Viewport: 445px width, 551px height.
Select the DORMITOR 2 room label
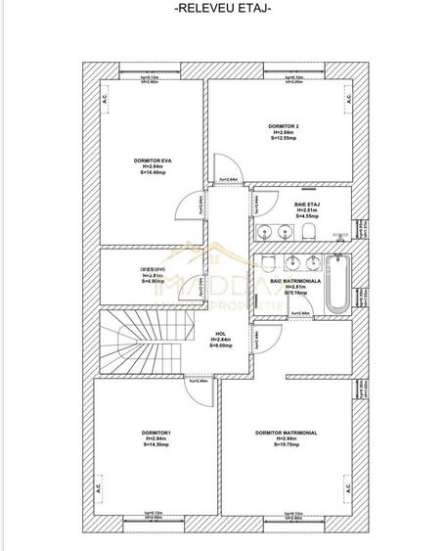pyautogui.click(x=284, y=127)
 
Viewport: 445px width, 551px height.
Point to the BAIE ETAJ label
pyautogui.click(x=307, y=204)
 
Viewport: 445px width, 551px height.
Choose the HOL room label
pyautogui.click(x=220, y=333)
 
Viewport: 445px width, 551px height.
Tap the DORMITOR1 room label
pyautogui.click(x=155, y=433)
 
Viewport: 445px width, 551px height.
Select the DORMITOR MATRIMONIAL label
pyautogui.click(x=285, y=433)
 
